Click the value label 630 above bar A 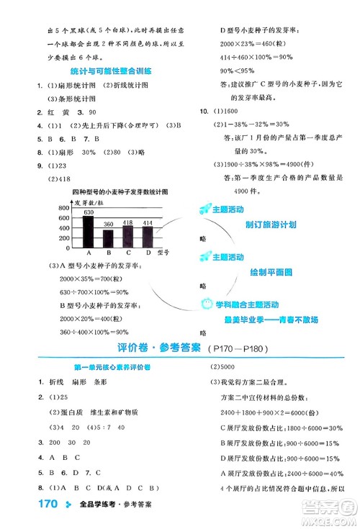point(89,213)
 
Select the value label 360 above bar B point(109,225)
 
